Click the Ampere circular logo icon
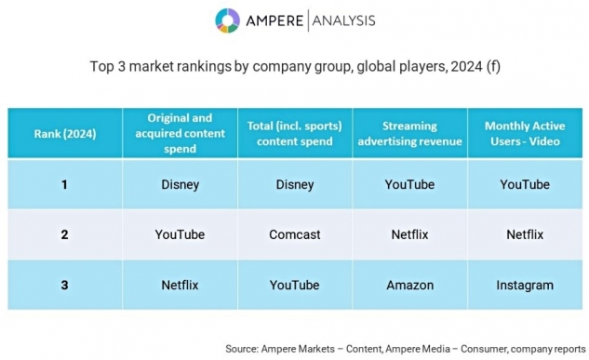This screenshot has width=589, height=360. [227, 20]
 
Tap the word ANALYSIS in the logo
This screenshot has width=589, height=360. [343, 20]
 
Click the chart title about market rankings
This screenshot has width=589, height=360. [295, 66]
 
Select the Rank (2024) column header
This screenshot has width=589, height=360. [65, 134]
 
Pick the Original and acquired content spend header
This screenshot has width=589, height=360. [180, 133]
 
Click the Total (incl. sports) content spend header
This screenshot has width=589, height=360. [294, 133]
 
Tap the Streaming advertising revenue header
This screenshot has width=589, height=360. [409, 133]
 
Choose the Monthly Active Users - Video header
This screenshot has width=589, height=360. [525, 133]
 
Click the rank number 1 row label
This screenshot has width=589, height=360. [64, 184]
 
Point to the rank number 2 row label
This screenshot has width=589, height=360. [64, 234]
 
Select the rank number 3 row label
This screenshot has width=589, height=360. [64, 285]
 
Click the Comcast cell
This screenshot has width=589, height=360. [295, 234]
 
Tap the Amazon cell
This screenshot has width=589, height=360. [409, 285]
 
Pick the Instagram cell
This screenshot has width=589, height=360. [525, 286]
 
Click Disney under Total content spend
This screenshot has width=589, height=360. [295, 185]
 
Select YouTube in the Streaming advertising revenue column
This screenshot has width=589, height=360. [409, 184]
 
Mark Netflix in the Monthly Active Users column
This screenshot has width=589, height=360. [525, 234]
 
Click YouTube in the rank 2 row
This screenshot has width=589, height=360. [180, 234]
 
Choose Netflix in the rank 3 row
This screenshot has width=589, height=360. [180, 285]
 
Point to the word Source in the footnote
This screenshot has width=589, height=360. [242, 349]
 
